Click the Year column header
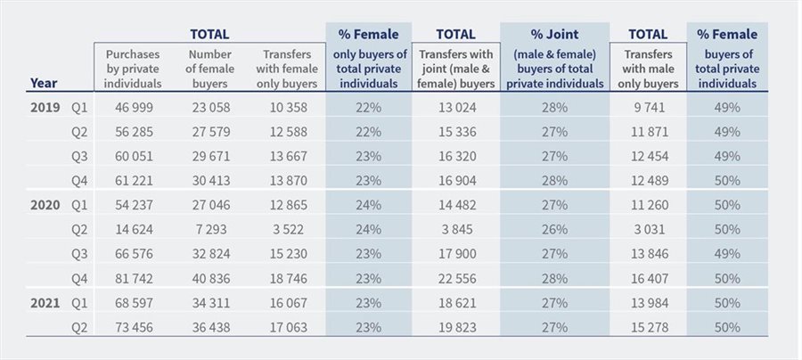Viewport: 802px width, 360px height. click(x=45, y=82)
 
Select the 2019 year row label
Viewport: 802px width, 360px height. click(x=45, y=108)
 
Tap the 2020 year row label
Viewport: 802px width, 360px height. click(x=45, y=204)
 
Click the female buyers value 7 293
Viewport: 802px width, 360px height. click(x=209, y=228)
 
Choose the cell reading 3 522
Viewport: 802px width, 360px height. click(x=285, y=228)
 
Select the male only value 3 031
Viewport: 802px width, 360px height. click(x=649, y=228)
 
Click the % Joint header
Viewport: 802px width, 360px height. click(x=554, y=35)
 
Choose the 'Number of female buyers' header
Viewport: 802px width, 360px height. click(x=210, y=68)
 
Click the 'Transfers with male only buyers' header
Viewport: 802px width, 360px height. click(x=647, y=68)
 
